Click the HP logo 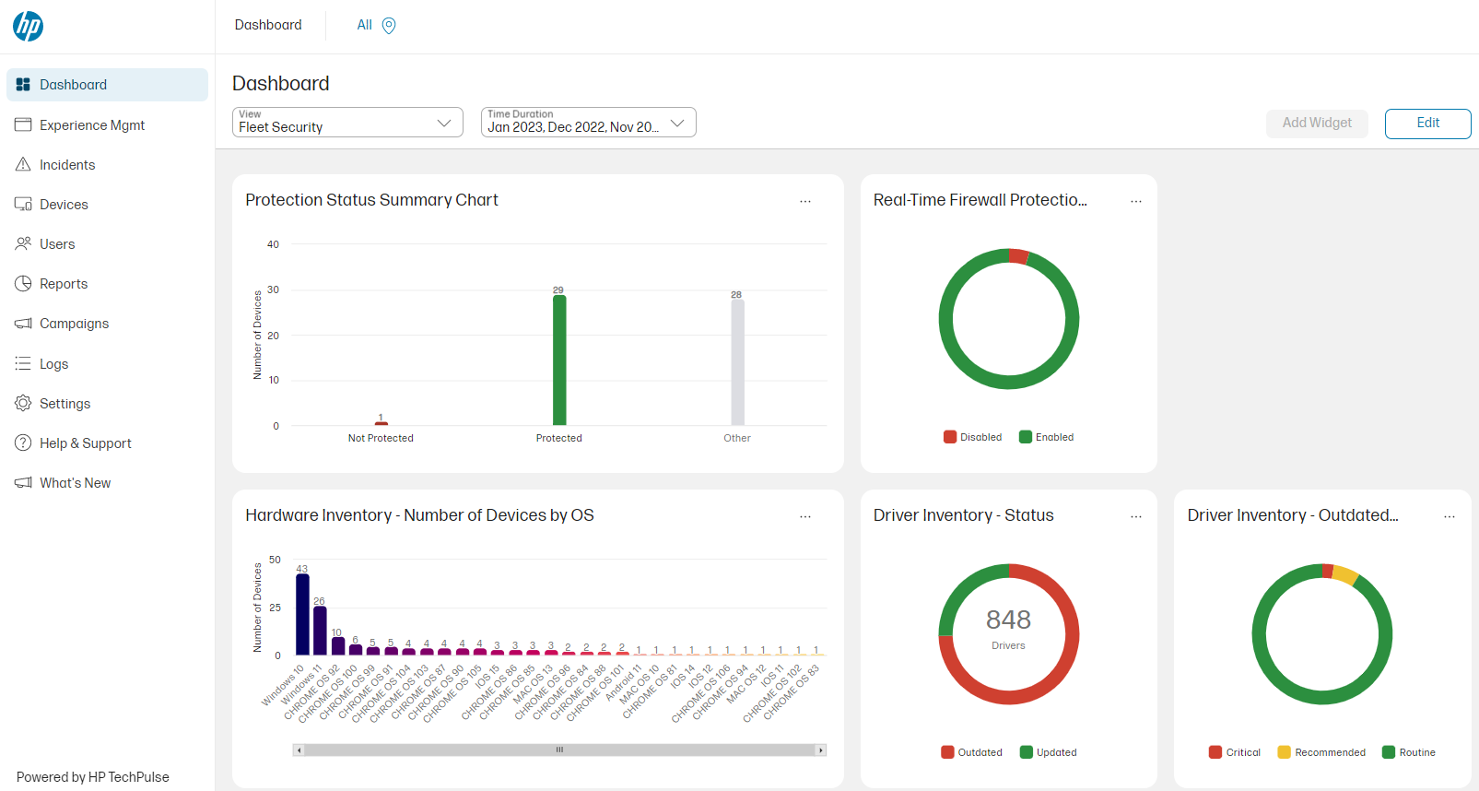29,26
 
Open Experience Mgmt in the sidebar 91,125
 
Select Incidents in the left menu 67,165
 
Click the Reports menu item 64,284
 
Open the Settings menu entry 65,404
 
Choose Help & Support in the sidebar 85,443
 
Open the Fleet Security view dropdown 347,123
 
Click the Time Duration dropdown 588,123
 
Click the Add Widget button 1317,124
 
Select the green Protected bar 559,360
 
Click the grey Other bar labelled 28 737,361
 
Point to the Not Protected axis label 381,439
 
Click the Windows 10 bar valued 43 302,614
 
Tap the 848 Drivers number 1008,620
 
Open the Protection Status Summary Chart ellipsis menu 805,201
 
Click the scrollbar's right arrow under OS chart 820,750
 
